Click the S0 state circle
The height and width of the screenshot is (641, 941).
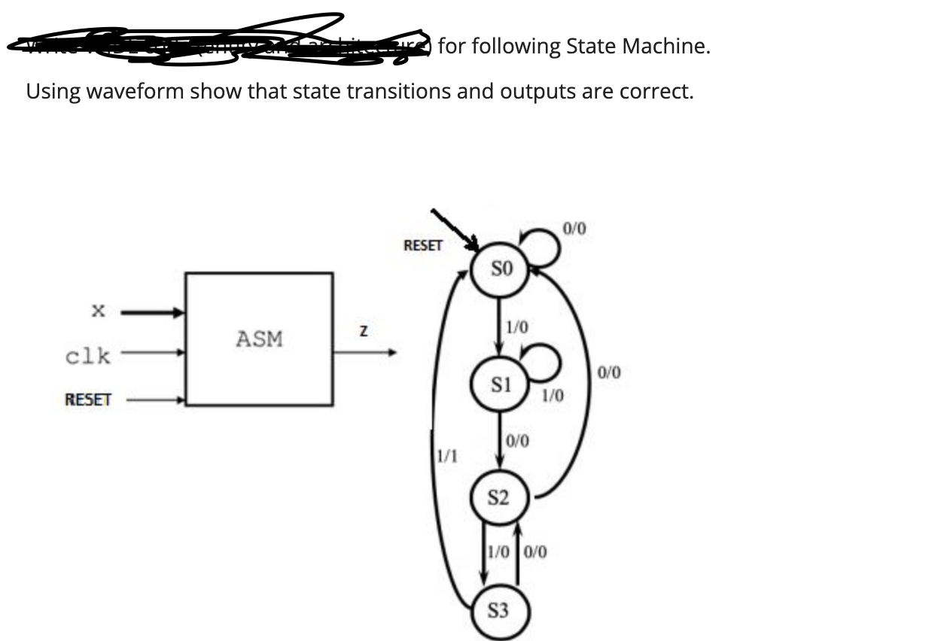(x=501, y=268)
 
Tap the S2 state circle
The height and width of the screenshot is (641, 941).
(x=498, y=498)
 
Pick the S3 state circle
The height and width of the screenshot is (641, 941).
(x=498, y=611)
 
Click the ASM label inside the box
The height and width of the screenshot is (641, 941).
(x=259, y=339)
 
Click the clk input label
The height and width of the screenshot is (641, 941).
(x=87, y=355)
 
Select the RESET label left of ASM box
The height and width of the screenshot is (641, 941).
(x=87, y=399)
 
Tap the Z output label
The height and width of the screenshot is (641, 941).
(x=364, y=332)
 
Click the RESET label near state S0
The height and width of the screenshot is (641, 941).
(x=423, y=245)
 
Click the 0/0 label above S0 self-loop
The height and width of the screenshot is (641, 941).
(x=574, y=227)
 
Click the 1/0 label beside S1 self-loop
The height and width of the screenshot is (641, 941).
(x=552, y=394)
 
